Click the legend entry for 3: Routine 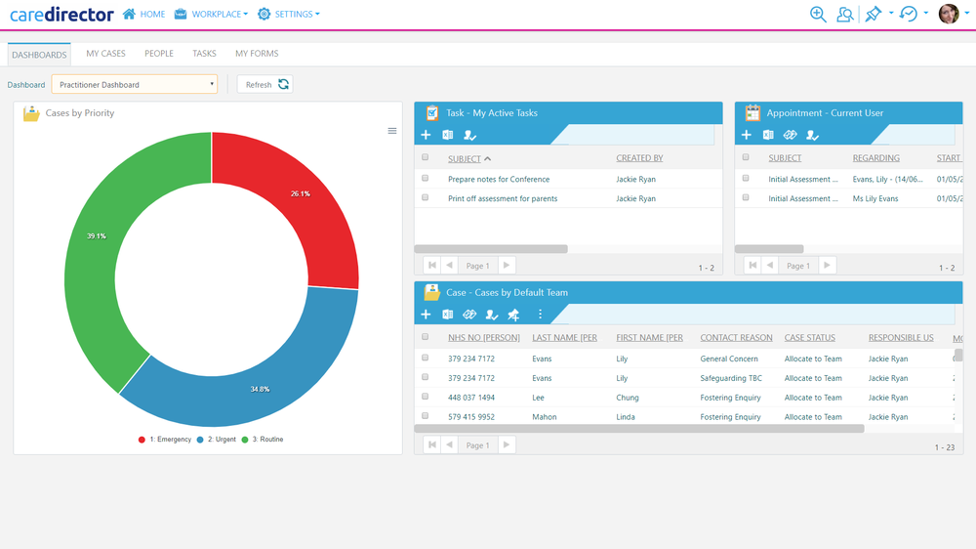point(264,440)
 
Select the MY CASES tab point(105,54)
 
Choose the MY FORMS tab point(257,54)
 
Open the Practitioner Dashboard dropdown point(135,85)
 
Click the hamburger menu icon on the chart point(392,131)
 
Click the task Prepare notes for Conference point(499,180)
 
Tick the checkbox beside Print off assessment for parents point(426,198)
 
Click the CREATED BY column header point(639,158)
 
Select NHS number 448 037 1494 point(471,398)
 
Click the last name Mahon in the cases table point(545,417)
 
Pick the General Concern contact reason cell point(729,359)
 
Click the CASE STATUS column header point(810,338)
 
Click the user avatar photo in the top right point(948,14)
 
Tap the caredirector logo point(62,15)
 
